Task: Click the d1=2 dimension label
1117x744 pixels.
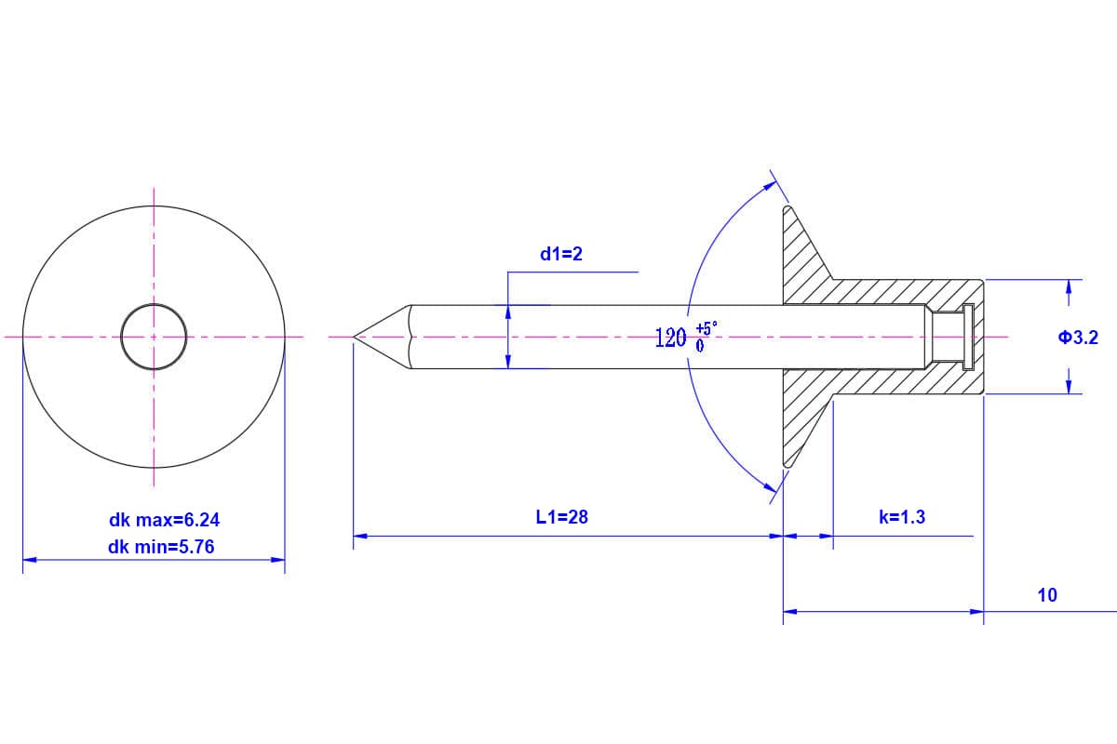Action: pyautogui.click(x=561, y=254)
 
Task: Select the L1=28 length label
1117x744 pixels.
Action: pyautogui.click(x=562, y=517)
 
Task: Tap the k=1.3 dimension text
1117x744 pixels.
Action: pyautogui.click(x=902, y=517)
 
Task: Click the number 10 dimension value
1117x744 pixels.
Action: pyautogui.click(x=1047, y=595)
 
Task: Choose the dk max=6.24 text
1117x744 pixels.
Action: pyautogui.click(x=165, y=520)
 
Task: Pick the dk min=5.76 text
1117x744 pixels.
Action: pyautogui.click(x=161, y=547)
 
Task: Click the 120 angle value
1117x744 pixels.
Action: pyautogui.click(x=670, y=338)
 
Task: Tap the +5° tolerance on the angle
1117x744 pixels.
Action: pyautogui.click(x=707, y=328)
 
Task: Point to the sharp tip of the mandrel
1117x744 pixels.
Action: pyautogui.click(x=355, y=337)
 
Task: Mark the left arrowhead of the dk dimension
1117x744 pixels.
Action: pyautogui.click(x=29, y=560)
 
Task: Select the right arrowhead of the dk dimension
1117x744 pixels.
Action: pyautogui.click(x=278, y=560)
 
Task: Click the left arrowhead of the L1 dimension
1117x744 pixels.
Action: pyautogui.click(x=360, y=536)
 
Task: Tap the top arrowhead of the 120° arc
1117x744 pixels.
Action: pyautogui.click(x=770, y=186)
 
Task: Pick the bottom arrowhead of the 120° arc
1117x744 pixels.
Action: pyautogui.click(x=770, y=484)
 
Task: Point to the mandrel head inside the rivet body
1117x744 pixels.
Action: pyautogui.click(x=966, y=336)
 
